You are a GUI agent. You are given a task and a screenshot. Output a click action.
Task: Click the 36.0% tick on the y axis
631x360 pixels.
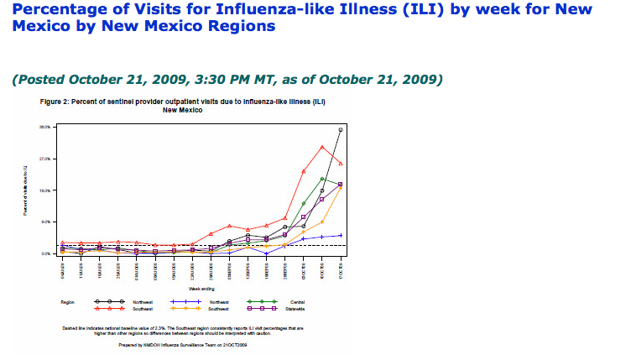point(44,128)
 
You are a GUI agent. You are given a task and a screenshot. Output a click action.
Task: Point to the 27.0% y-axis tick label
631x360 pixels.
point(44,159)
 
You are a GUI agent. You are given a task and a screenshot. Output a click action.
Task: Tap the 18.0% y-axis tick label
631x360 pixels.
point(44,190)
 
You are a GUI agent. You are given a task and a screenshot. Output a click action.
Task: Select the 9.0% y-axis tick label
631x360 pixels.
point(44,222)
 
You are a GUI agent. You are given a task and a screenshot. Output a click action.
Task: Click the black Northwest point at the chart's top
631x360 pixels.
point(341,130)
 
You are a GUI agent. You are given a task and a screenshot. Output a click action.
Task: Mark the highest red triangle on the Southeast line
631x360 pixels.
point(322,147)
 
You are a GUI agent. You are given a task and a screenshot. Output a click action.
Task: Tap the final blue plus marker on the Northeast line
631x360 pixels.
point(341,236)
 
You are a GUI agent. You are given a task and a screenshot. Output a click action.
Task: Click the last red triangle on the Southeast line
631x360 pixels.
point(341,163)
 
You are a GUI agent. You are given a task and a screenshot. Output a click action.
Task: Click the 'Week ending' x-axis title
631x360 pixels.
point(201,286)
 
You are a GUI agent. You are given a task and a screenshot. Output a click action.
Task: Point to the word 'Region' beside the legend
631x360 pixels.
point(68,300)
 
